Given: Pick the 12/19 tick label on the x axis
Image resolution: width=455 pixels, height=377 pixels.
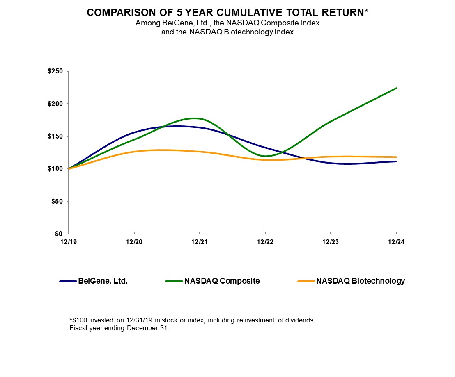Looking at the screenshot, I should [x=69, y=242].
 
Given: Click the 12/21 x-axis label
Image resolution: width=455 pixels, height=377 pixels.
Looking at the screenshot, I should [x=200, y=242].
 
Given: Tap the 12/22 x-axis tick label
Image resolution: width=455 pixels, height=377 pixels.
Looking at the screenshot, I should [x=265, y=242].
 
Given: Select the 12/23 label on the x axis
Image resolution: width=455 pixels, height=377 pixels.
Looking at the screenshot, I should [x=331, y=242].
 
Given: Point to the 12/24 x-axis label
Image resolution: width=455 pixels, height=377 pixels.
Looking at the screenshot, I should [x=396, y=242].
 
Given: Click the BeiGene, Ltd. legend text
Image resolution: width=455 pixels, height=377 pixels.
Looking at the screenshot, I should [x=103, y=281].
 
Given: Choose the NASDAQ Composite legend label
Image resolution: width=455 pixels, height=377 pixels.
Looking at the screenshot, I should [x=222, y=281].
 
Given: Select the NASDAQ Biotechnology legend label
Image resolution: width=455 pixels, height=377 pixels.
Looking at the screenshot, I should [x=360, y=281].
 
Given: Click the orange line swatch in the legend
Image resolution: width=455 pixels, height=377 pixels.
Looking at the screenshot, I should [x=306, y=281].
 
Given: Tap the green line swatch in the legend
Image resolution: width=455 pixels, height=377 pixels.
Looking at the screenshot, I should [x=174, y=281].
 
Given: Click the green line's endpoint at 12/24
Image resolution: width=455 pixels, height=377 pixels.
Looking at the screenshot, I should [x=396, y=88].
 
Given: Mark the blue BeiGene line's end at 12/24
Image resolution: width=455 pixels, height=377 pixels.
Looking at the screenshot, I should [x=396, y=161].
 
